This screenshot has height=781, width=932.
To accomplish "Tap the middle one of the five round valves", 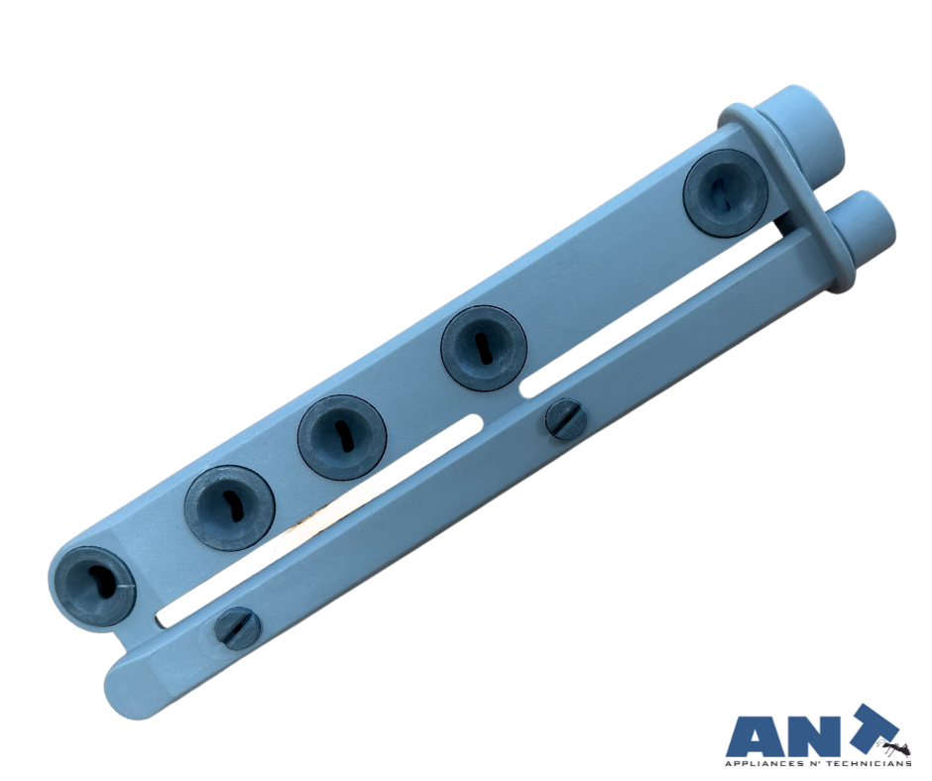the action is (x=342, y=437).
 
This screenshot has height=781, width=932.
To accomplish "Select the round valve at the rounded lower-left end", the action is (x=93, y=586).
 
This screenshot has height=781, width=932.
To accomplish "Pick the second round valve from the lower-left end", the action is (x=230, y=507).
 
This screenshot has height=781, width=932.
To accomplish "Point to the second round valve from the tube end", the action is (x=483, y=348).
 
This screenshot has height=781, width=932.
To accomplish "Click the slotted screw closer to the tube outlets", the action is (x=566, y=419).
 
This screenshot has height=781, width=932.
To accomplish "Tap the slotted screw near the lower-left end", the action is (x=237, y=628).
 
